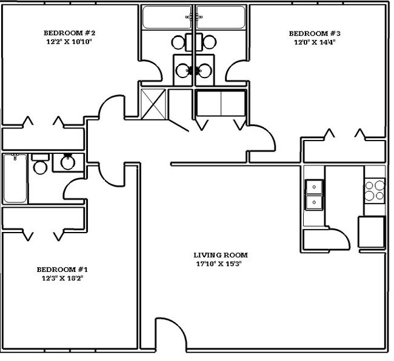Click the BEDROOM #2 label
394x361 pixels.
70,33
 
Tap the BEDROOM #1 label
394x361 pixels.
63,270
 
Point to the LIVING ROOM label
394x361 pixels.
221,255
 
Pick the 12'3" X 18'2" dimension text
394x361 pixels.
63,279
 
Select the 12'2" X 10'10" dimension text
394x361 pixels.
70,42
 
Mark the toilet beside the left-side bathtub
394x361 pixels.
40,165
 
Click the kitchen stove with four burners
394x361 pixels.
375,190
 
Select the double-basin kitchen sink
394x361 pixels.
314,194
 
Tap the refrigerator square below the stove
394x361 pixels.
371,232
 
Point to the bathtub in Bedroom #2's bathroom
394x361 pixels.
167,18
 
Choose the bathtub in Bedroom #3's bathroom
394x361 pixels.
221,18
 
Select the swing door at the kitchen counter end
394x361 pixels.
339,239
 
